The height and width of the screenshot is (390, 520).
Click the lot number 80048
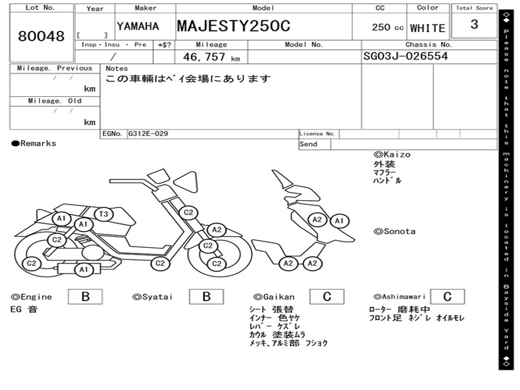pos(42,36)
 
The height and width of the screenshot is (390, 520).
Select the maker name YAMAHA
pos(138,26)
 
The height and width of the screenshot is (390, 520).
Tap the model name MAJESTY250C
pos(234,26)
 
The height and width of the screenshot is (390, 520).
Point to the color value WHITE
pos(428,28)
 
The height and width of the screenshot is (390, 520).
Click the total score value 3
pos(474,24)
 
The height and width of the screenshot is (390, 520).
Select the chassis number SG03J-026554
pos(406,56)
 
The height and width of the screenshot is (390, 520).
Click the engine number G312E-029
pos(148,134)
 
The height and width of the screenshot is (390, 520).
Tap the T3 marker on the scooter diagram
pos(104,214)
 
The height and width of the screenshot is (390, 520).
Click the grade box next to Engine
pos(85,297)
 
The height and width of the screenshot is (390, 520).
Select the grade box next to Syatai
pos(206,297)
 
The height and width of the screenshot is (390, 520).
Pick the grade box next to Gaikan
pos(327,297)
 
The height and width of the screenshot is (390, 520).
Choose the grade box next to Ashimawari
pos(447,297)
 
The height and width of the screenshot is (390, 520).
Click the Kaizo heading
pos(392,154)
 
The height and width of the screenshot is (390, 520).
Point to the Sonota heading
pos(395,232)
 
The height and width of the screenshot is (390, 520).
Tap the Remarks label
pos(34,144)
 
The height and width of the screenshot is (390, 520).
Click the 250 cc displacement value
pos(387,27)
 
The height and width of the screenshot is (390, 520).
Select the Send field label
pos(308,144)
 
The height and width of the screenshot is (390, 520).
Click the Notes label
pos(117,69)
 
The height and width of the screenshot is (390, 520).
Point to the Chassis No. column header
pos(429,45)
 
